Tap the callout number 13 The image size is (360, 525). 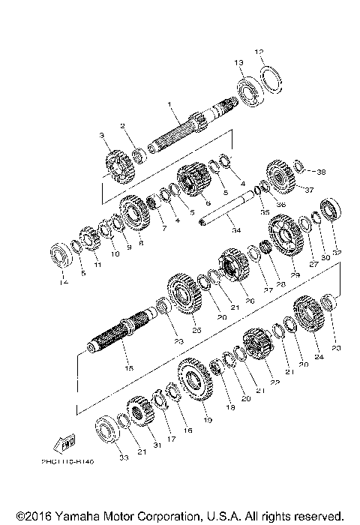238,62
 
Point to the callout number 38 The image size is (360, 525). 301,172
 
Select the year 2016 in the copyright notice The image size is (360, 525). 32,517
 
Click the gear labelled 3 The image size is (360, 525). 118,167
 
